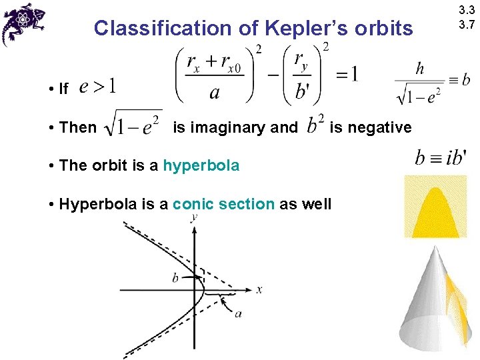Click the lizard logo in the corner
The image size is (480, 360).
[23, 23]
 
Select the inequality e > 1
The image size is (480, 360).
[97, 87]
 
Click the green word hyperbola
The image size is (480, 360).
[201, 165]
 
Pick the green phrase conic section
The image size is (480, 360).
[223, 204]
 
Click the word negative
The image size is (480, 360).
[379, 127]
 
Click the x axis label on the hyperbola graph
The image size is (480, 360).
[260, 289]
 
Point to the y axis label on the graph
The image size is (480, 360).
[193, 217]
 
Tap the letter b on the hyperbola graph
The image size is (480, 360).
[176, 277]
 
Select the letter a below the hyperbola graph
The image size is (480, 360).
[238, 313]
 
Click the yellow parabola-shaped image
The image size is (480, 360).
[434, 207]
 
